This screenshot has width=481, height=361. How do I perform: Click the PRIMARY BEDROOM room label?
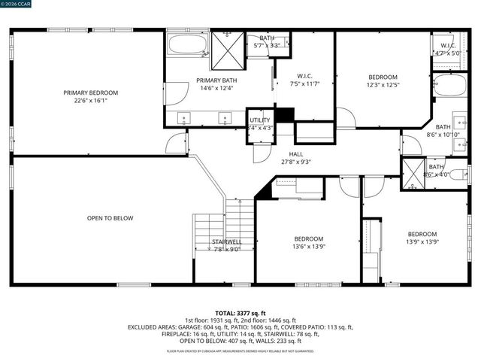[x=95, y=93]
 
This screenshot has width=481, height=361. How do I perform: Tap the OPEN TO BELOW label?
[x=110, y=218]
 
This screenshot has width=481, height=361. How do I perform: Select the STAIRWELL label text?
[x=226, y=242]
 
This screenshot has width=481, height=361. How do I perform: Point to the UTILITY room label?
[x=260, y=120]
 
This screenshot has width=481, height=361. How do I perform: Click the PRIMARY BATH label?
[x=215, y=80]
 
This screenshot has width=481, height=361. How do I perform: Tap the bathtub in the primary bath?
[x=188, y=44]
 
